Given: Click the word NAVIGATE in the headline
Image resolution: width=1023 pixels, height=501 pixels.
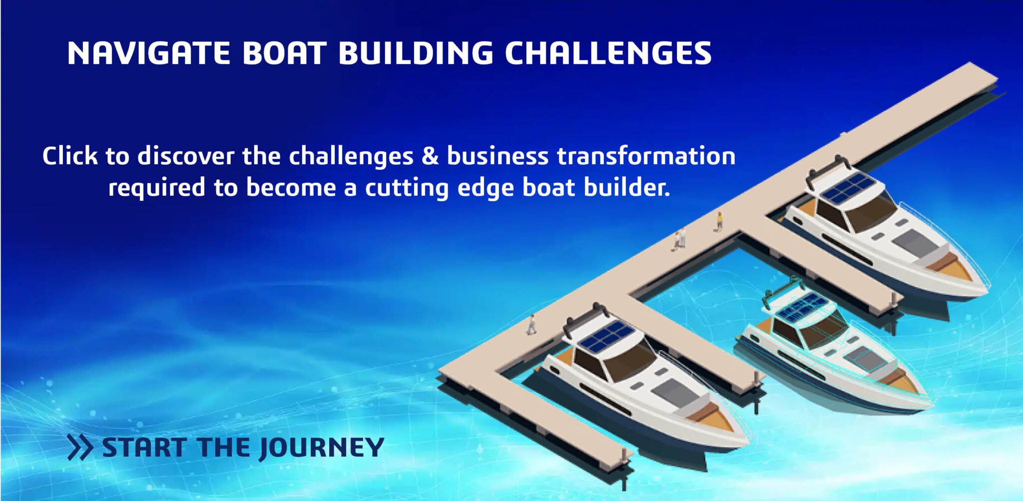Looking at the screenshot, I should (x=148, y=53).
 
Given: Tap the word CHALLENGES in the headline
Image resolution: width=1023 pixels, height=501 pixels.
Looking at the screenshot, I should (x=608, y=53).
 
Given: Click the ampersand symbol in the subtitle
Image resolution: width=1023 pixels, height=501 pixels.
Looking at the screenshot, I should (x=430, y=156).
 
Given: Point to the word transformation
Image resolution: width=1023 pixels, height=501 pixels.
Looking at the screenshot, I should (x=646, y=156).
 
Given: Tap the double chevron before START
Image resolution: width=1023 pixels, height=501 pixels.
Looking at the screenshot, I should (x=80, y=447).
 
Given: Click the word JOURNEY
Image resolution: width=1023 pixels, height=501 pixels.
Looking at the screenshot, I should (x=321, y=448).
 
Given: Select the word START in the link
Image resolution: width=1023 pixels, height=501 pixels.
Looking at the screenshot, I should (x=144, y=447).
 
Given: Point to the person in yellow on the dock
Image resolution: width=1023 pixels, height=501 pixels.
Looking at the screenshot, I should (x=720, y=220).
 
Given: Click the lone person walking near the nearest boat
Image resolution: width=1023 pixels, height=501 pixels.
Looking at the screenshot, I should (x=531, y=325).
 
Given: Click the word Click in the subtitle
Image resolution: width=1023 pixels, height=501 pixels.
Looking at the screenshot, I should (x=69, y=156).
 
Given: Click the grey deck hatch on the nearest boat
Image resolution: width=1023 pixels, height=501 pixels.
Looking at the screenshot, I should (x=674, y=392).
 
